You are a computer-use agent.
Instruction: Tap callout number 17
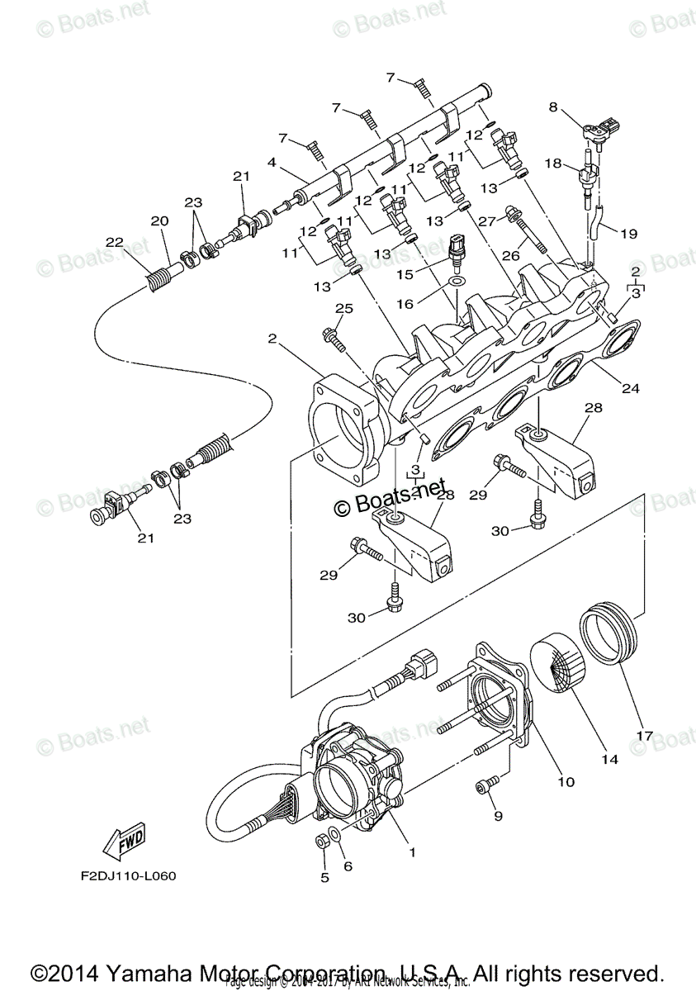(x=643, y=733)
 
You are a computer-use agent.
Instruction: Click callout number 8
(x=553, y=107)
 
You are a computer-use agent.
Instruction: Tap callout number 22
(x=114, y=242)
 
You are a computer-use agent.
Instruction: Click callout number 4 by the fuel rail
(x=272, y=163)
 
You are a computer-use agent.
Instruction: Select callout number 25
(x=343, y=309)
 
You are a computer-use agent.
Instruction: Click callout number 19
(x=628, y=234)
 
